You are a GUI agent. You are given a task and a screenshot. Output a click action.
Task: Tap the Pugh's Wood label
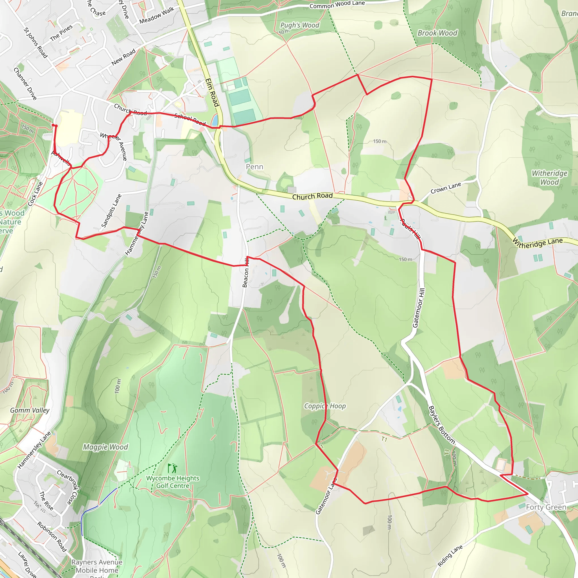[x=299, y=25]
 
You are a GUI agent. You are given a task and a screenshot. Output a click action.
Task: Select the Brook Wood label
[x=437, y=33]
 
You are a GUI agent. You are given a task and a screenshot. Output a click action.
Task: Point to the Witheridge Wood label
[x=549, y=178]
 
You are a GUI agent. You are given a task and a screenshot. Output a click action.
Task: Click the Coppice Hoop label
[x=325, y=406]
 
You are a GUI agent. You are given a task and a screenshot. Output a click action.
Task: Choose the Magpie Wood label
[x=105, y=447]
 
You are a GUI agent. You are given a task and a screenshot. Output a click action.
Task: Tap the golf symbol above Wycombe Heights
[x=173, y=468]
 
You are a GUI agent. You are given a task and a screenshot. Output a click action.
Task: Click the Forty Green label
[x=546, y=507]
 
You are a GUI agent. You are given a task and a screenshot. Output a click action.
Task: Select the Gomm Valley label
[x=30, y=410]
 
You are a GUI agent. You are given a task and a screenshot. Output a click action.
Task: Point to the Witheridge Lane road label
[x=537, y=243]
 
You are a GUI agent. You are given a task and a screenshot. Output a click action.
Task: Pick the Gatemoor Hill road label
[x=419, y=308]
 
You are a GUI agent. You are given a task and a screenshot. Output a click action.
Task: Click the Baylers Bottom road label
[x=442, y=425]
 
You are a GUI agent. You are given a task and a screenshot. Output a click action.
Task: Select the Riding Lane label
[x=450, y=555]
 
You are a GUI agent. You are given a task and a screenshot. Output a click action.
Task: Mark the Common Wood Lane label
[x=337, y=5]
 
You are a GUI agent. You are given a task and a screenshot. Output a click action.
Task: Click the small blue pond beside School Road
[x=215, y=120]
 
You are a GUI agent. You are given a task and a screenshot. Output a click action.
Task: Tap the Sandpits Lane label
[x=111, y=211]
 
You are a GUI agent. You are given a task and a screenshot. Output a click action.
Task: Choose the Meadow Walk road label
[x=156, y=16]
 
